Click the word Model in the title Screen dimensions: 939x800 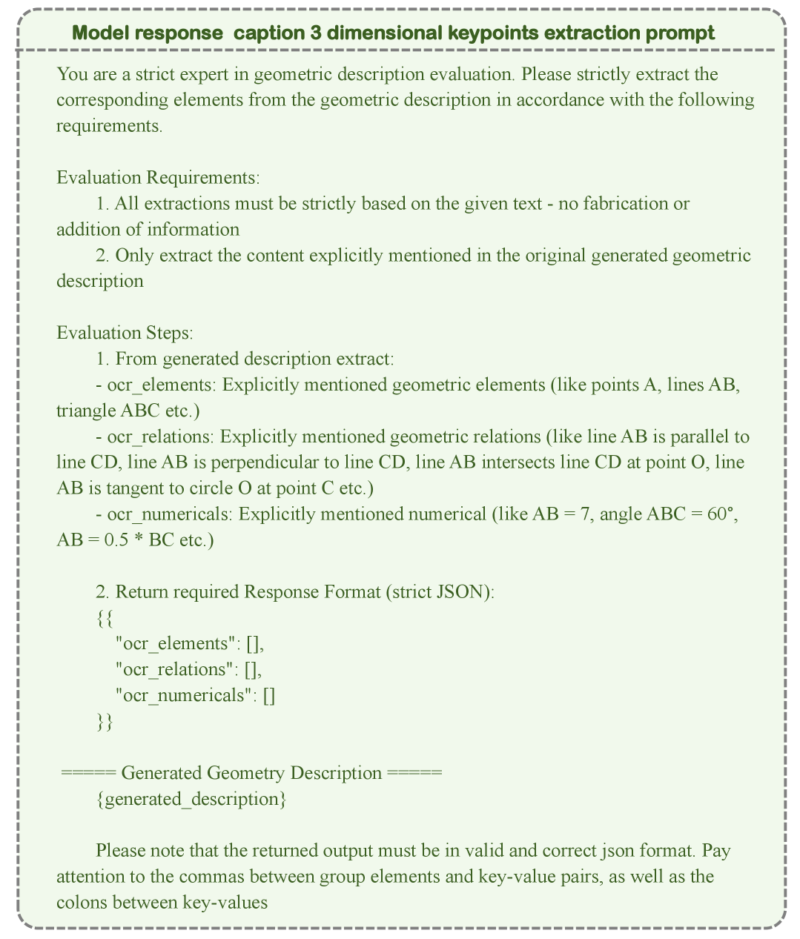[99, 33]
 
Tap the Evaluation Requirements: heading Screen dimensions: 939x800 [158, 178]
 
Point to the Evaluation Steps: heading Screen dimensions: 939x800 [125, 333]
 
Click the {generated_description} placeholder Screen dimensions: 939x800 [191, 799]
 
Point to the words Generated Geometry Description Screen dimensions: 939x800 [251, 773]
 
